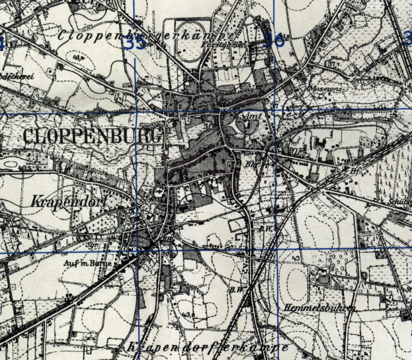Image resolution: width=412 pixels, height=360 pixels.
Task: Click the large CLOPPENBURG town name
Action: [x=93, y=137]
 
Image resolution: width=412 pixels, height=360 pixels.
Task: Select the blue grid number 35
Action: [x=136, y=44]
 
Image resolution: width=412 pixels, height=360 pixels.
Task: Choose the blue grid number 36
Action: [x=273, y=40]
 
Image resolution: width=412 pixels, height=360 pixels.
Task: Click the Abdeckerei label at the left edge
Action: [x=17, y=76]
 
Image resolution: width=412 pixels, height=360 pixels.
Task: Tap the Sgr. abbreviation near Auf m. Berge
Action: [x=93, y=244]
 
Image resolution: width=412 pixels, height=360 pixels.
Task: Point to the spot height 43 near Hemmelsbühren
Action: [x=297, y=257]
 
